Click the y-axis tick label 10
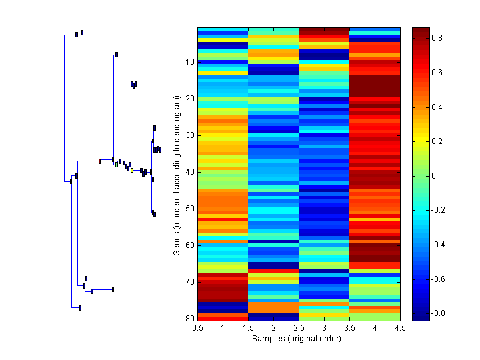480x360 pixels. pyautogui.click(x=189, y=62)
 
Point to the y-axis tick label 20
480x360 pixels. pyautogui.click(x=189, y=99)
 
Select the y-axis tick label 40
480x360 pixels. pyautogui.click(x=189, y=172)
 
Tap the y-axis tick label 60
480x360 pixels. pyautogui.click(x=189, y=245)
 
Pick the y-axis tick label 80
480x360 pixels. pyautogui.click(x=189, y=318)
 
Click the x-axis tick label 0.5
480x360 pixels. pyautogui.click(x=198, y=328)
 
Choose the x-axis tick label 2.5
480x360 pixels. pyautogui.click(x=299, y=328)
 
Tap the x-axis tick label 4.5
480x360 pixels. pyautogui.click(x=401, y=328)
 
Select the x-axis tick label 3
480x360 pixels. pyautogui.click(x=325, y=328)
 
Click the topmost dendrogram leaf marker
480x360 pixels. pyautogui.click(x=81, y=32)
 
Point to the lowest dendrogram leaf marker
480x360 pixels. pyautogui.click(x=80, y=307)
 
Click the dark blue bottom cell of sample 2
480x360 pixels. pyautogui.click(x=273, y=317)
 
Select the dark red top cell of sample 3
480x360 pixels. pyautogui.click(x=324, y=31)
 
